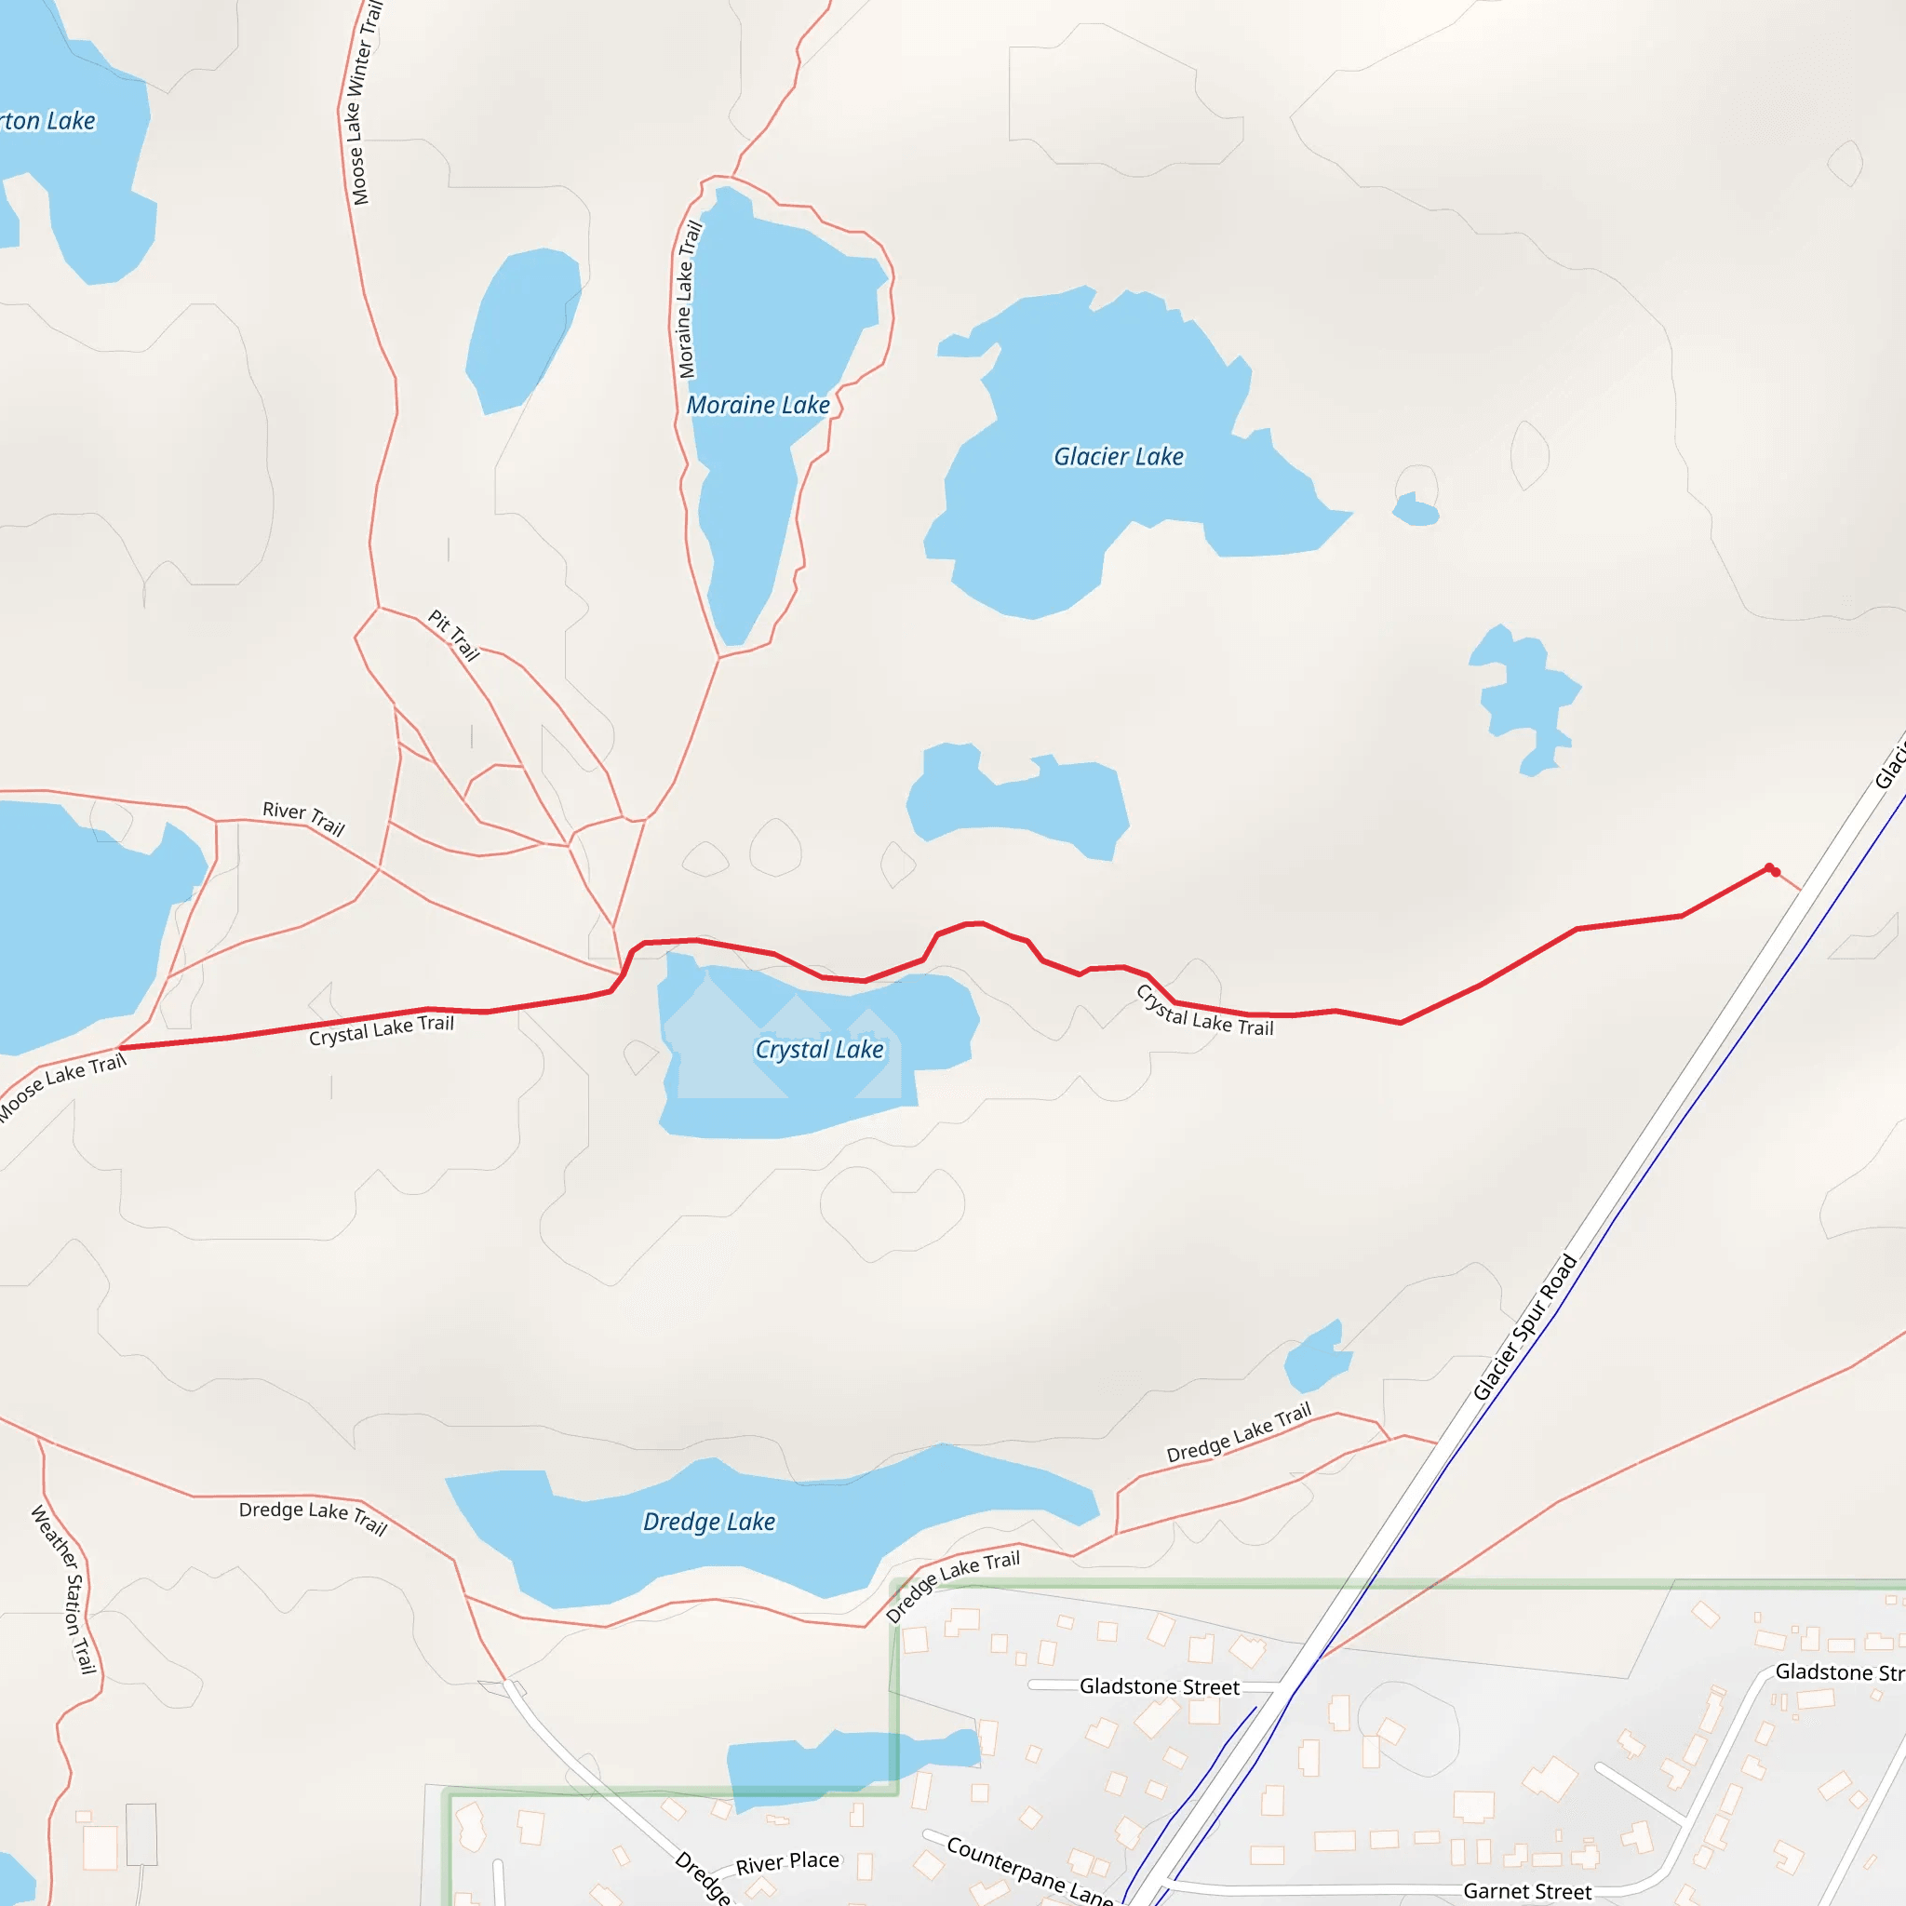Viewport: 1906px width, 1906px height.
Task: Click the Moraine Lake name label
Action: pos(758,406)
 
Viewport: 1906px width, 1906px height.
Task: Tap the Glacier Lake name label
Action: pos(1118,457)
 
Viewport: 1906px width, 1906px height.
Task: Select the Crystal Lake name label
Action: pos(819,1050)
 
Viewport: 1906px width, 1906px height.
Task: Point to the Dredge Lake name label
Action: pos(708,1523)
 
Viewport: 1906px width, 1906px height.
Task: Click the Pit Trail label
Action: pos(454,635)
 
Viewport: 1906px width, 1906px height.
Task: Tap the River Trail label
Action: pos(303,818)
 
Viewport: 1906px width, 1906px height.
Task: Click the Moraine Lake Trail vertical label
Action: pos(689,300)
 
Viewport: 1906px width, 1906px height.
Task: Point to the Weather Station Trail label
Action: pos(65,1590)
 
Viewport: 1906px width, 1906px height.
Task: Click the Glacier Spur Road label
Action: pos(1524,1328)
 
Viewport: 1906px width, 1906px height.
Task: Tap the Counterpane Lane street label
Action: pos(1029,1871)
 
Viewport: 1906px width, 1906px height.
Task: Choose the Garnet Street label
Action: pos(1527,1890)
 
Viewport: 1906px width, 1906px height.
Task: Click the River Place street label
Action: pos(787,1862)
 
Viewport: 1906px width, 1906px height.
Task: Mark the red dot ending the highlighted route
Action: pos(1775,872)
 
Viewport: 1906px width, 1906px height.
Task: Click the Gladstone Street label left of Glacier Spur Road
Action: pos(1160,1686)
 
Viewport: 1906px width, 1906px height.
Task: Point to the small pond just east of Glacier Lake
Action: pos(1416,510)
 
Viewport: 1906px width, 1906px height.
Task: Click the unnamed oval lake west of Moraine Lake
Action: pos(522,330)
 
